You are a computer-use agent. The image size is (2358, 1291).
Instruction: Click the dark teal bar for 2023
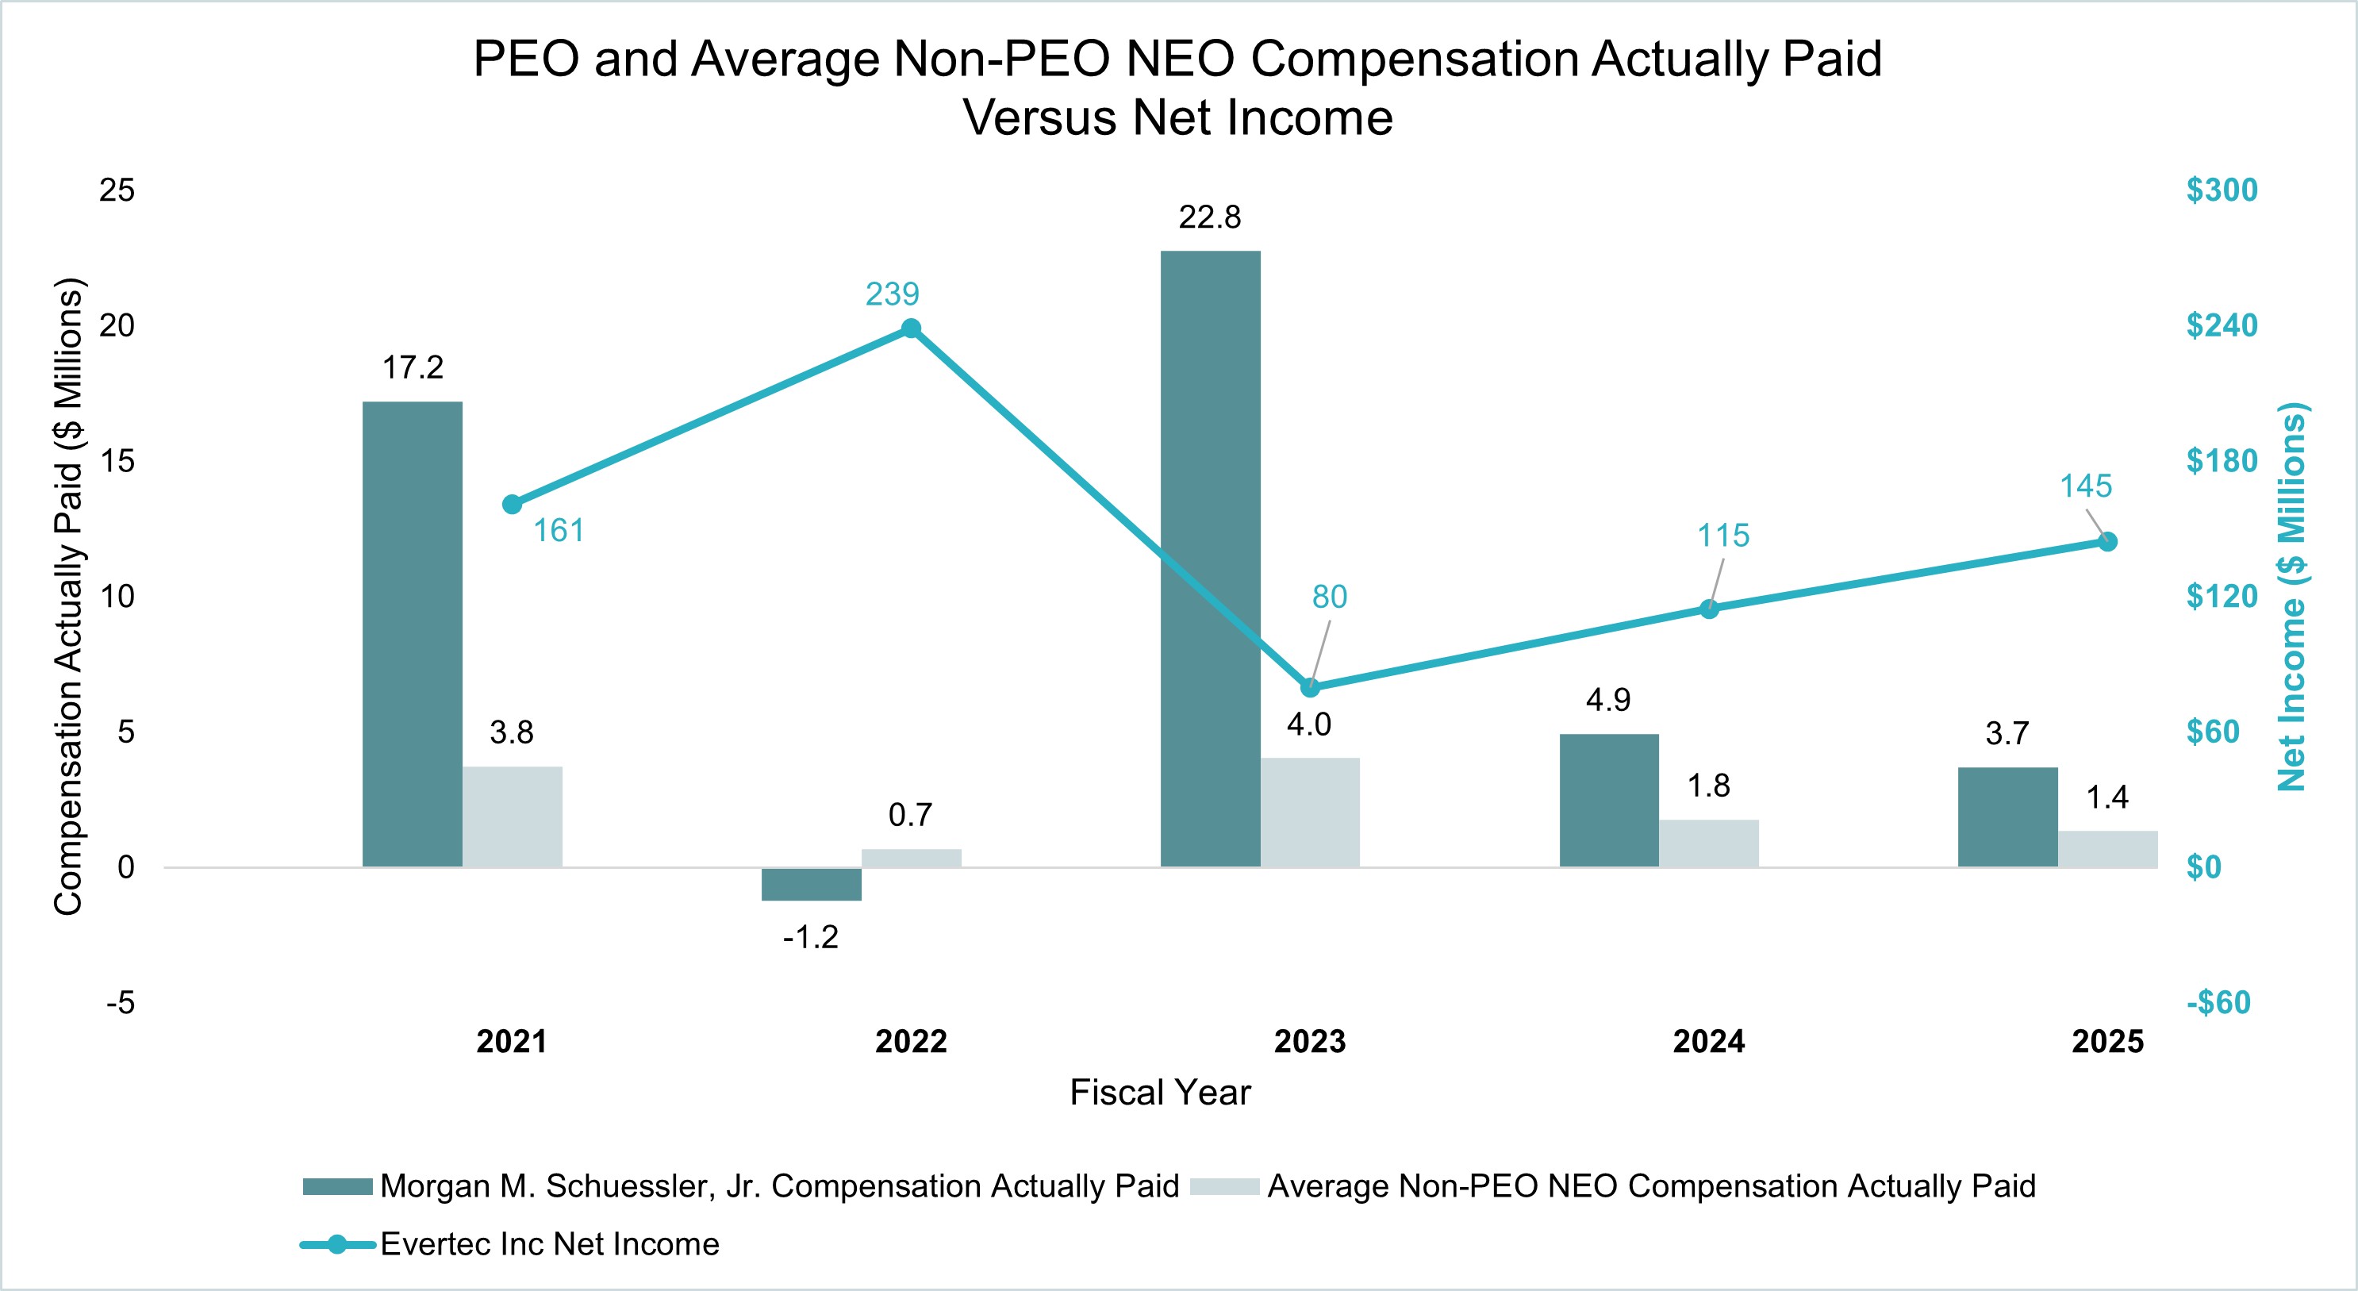tap(1210, 559)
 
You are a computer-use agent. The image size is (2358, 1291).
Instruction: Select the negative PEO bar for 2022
tap(811, 885)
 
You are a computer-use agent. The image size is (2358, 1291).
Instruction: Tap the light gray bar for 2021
tap(512, 816)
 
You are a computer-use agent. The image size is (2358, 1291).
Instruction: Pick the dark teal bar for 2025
tap(2007, 816)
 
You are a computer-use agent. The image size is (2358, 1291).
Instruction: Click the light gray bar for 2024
tap(1708, 843)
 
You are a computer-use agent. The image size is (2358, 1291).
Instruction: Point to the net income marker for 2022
tap(911, 329)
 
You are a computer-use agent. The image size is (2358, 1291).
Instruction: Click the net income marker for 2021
tap(513, 505)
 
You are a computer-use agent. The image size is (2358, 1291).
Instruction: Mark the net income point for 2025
tap(2107, 542)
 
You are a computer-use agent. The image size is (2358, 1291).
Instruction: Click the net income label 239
tap(892, 294)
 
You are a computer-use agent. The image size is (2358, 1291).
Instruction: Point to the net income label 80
tap(1329, 597)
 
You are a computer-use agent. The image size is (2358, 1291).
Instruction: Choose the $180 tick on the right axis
tap(2222, 460)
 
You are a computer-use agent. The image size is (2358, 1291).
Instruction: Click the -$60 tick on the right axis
tap(2218, 1003)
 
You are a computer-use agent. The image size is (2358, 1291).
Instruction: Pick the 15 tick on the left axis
tap(117, 460)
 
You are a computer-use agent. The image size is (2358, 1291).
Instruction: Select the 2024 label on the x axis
tap(1708, 1042)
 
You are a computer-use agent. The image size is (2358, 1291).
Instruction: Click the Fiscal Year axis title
tap(1160, 1093)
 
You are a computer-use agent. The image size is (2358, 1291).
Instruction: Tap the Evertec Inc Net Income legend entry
tap(549, 1244)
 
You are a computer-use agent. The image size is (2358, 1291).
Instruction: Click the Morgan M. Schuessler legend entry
tap(778, 1186)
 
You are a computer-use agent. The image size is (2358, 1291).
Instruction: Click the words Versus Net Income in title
tap(1178, 118)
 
